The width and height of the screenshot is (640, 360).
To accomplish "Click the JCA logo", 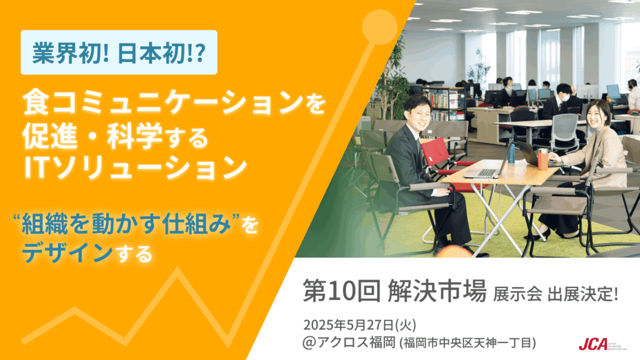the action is coord(602,344).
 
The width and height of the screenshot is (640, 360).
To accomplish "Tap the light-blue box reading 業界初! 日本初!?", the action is coord(119,52).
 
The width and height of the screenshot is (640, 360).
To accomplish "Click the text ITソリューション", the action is coord(136,167).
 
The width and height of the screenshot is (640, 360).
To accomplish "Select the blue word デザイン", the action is coord(67,252).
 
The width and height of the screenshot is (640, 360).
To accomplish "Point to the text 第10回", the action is coord(341,291).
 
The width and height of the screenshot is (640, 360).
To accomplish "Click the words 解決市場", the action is coord(437,291).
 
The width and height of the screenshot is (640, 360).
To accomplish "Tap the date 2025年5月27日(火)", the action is coord(359,325).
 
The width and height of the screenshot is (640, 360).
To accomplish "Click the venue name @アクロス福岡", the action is coord(349,342).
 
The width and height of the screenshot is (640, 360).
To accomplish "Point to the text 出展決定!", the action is coord(583,294).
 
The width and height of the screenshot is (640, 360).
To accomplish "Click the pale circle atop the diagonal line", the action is coord(379,27).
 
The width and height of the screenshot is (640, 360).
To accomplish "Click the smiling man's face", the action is coord(418,114).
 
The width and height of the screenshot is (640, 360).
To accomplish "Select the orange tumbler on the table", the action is coord(542,159).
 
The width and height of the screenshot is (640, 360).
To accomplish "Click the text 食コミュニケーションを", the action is coord(174,102).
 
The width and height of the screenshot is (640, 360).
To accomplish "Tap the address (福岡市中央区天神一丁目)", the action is coord(467,343).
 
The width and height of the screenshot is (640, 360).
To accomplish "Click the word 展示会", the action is coord(517,294).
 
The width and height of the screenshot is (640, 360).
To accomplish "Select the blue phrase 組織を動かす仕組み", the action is coord(126,224).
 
